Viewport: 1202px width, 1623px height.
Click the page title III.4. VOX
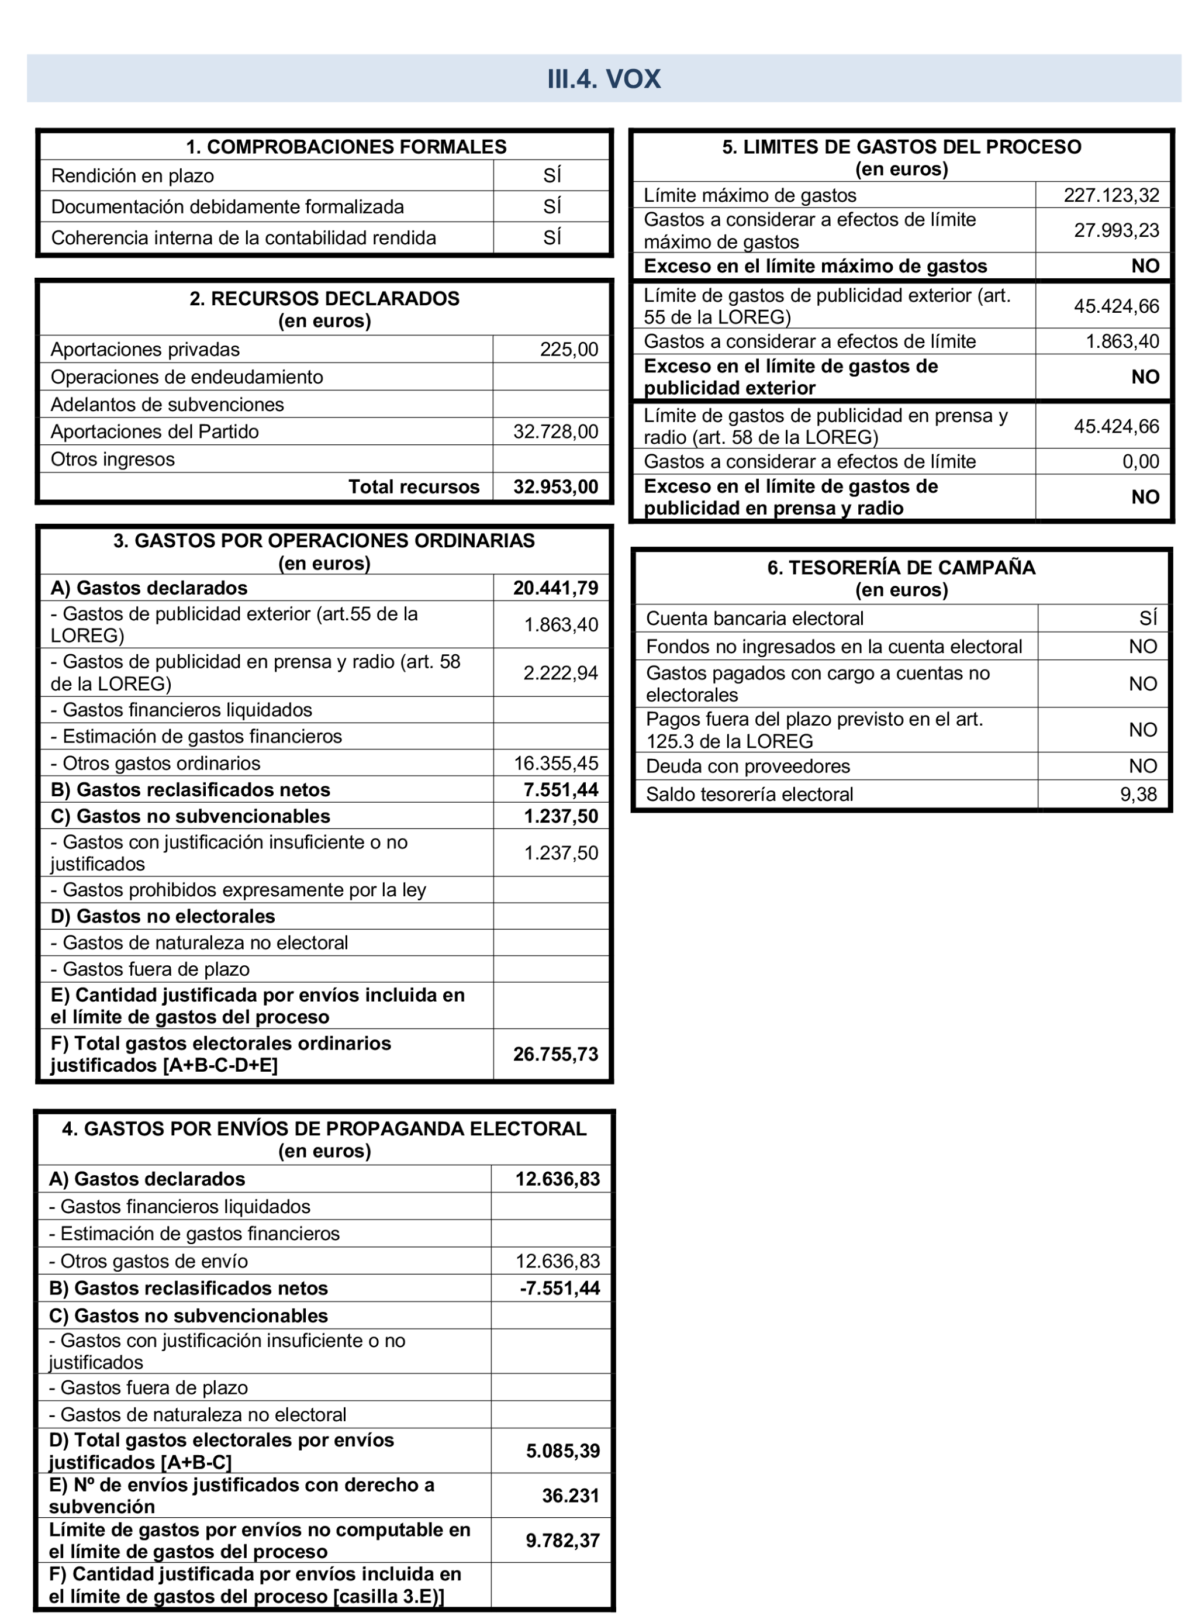603,78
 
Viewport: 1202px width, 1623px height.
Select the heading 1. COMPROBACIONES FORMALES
346,147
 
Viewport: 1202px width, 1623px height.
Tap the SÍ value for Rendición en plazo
551,175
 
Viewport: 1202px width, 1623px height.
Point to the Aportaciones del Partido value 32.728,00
555,432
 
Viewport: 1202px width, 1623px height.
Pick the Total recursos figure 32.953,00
555,486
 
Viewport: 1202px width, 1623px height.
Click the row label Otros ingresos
113,460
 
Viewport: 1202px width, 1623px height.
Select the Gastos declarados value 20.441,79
555,588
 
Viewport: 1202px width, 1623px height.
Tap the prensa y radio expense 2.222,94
560,673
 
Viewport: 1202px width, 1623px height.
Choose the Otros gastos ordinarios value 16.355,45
555,763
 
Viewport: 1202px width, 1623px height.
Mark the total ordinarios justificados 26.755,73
555,1054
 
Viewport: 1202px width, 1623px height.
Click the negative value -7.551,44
559,1289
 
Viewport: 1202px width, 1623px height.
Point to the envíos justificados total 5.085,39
562,1451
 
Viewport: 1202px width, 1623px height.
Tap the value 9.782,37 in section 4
562,1540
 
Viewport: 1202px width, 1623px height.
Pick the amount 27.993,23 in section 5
1116,230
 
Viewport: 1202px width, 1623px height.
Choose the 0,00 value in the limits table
1140,462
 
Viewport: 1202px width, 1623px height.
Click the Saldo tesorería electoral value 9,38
1138,795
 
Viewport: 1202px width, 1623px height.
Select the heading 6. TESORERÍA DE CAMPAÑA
901,568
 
